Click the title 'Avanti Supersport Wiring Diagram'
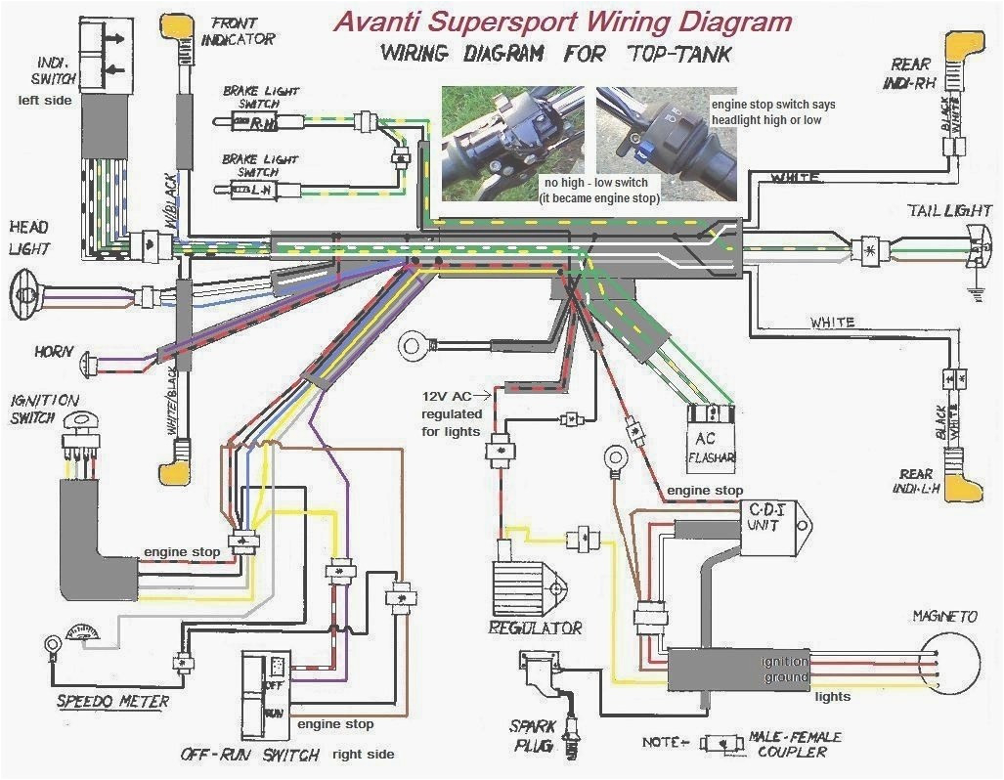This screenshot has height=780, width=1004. [562, 21]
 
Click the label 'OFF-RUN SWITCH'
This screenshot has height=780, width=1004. [249, 755]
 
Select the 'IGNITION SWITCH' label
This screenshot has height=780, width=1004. [43, 409]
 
